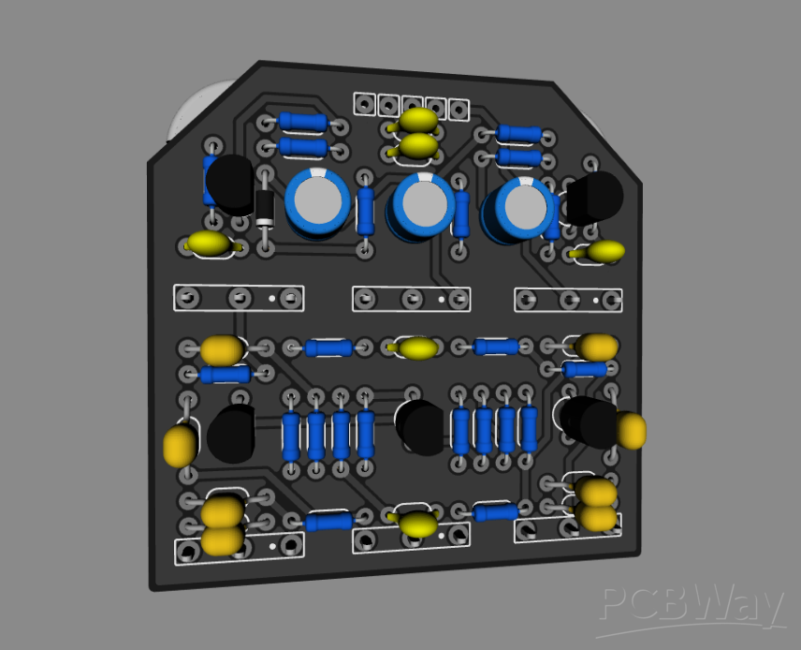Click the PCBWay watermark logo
[691, 607]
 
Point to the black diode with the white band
[265, 208]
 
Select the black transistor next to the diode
[230, 185]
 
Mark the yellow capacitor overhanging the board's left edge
[179, 446]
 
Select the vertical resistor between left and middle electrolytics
[365, 211]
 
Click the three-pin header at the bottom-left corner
[240, 547]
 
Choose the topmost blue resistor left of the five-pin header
[303, 122]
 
